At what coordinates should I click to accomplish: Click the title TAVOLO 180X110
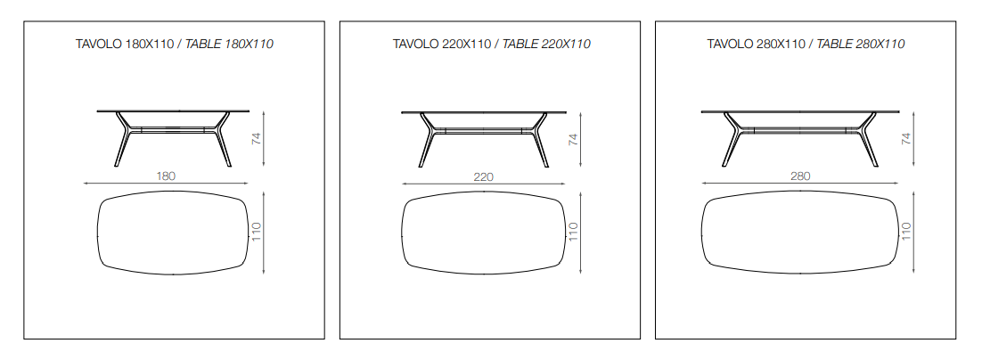coord(125,45)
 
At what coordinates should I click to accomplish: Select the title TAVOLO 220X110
coord(442,45)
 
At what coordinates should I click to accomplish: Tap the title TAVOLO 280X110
coord(757,45)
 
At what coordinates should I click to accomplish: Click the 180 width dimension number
coord(166,176)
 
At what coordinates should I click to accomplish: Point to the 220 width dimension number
coord(484,177)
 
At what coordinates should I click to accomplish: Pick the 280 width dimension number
coord(800,176)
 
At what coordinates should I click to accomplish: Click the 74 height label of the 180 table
coord(256,139)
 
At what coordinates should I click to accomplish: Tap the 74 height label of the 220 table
coord(572,139)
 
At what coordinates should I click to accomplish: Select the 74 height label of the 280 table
coord(905,139)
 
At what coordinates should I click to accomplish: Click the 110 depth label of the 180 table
coord(256,233)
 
